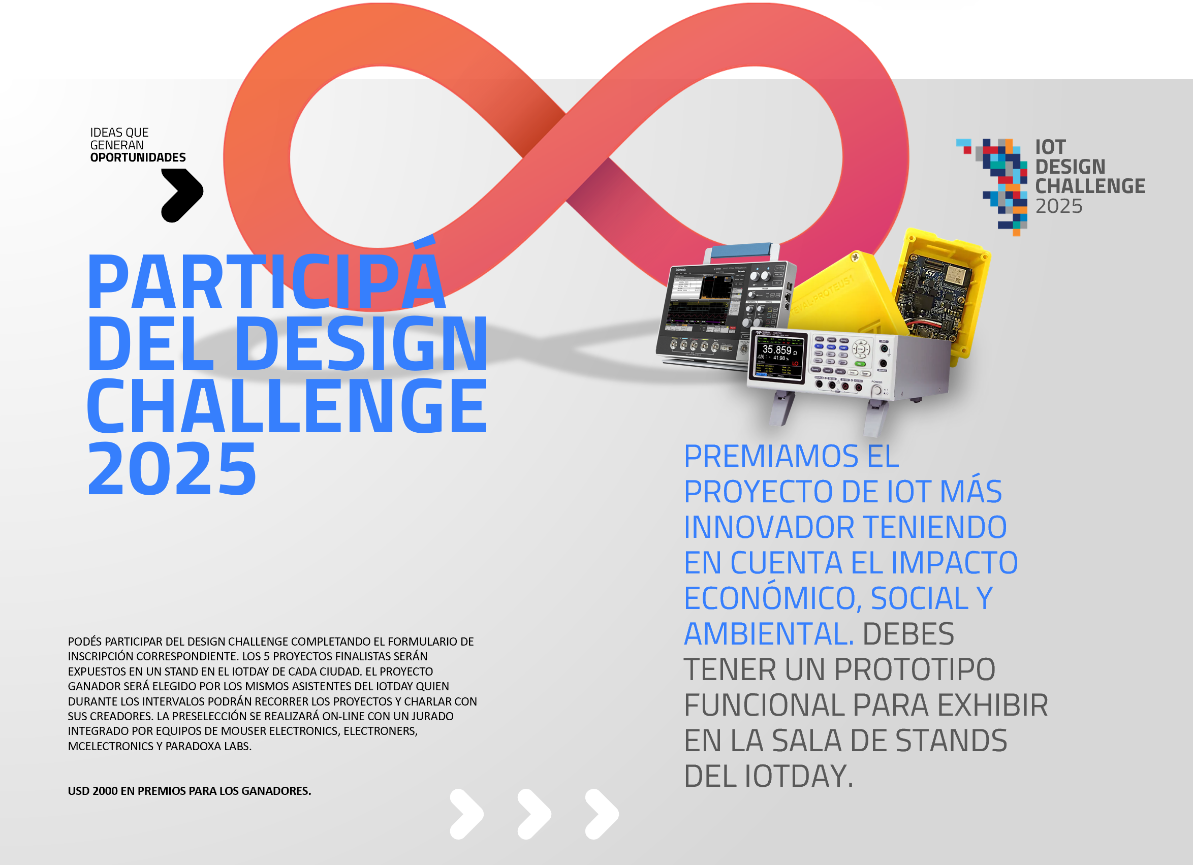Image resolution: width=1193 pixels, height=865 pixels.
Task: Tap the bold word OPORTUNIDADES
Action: tap(138, 157)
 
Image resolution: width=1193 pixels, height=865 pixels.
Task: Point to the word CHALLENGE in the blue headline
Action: tap(287, 405)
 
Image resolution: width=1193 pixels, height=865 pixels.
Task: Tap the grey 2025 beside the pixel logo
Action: tap(1059, 206)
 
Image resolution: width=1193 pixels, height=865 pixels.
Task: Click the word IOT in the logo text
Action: tap(1050, 147)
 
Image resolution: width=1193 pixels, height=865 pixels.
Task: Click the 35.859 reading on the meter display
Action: tap(777, 349)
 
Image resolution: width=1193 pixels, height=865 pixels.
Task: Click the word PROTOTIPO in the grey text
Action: tap(915, 669)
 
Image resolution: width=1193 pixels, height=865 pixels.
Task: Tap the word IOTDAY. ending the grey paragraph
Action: tap(799, 776)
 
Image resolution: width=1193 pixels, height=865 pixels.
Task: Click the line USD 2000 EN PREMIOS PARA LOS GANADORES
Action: tap(190, 791)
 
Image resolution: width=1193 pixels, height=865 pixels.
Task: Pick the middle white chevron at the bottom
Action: tap(535, 814)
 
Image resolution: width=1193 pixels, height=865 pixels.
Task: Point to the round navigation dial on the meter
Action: tap(861, 348)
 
